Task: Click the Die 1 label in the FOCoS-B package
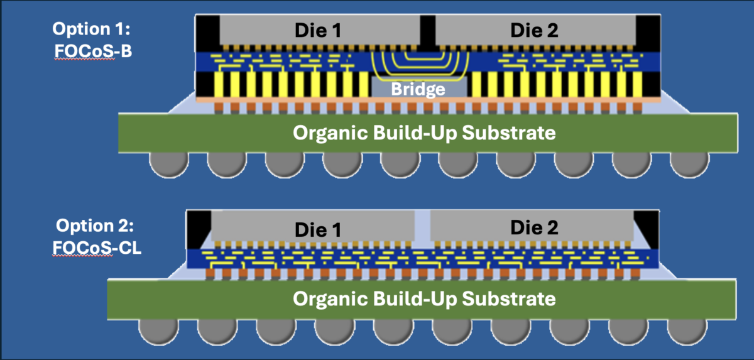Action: pos(319,30)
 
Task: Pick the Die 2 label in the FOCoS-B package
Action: pos(534,30)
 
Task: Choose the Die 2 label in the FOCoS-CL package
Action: pos(534,226)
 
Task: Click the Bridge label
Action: pos(418,89)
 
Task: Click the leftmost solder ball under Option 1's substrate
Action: pos(168,165)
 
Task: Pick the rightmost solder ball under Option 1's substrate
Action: pos(689,165)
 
